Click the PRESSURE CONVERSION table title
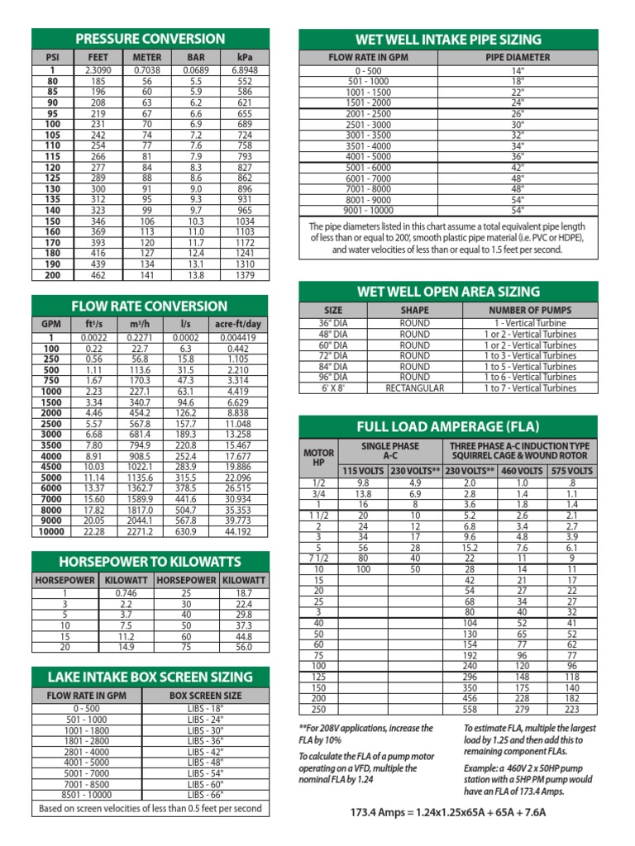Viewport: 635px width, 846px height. click(150, 39)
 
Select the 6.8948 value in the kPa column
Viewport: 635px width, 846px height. click(245, 71)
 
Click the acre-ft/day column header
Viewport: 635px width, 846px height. click(237, 324)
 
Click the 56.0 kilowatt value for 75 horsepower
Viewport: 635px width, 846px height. click(243, 647)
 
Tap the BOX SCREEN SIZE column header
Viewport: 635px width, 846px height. click(205, 696)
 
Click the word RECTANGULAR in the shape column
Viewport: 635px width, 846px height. click(414, 387)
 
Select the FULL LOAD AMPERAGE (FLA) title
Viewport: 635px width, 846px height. click(447, 426)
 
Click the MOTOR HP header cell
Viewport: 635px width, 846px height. click(319, 458)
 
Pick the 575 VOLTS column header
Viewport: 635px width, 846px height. click(572, 470)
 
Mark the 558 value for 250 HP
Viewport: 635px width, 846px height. click(470, 709)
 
